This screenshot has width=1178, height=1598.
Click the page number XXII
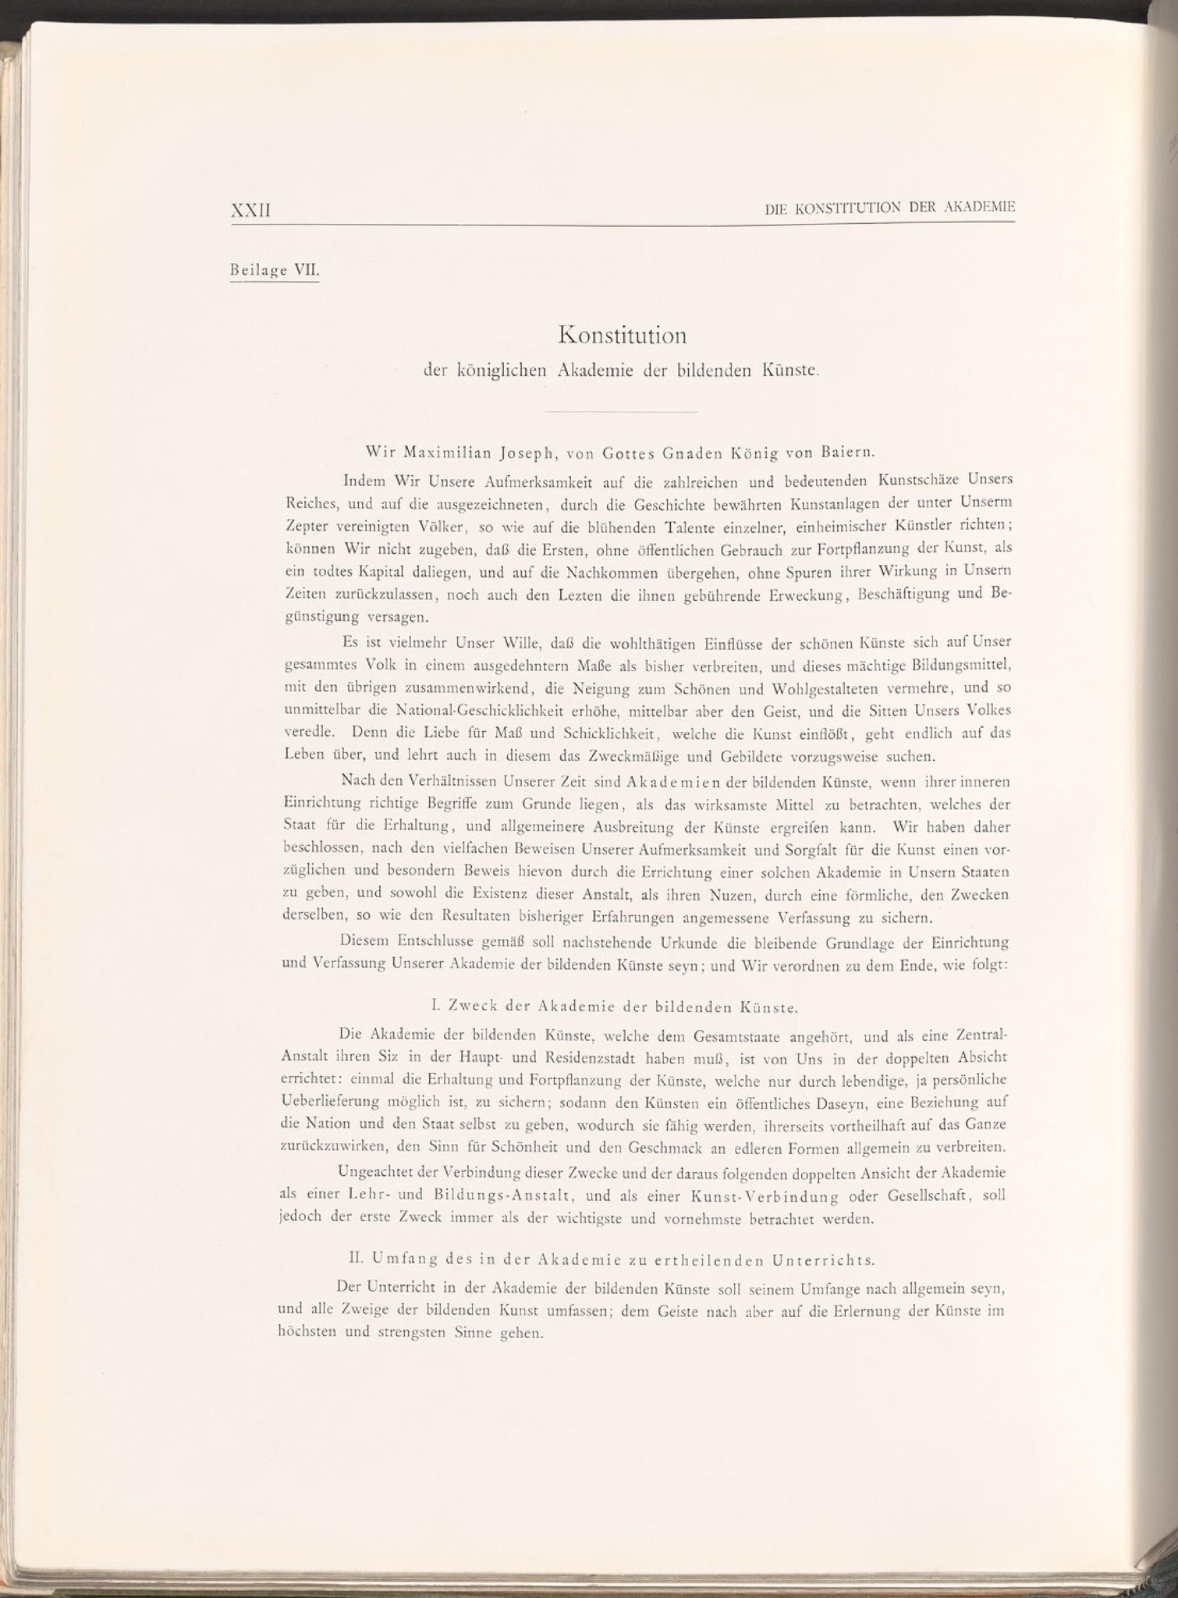point(251,211)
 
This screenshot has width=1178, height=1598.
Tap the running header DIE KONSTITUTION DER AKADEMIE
point(889,208)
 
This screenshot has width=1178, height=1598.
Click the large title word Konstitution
point(623,336)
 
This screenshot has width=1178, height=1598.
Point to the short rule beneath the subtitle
point(621,412)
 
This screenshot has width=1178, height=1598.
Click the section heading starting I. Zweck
point(613,1007)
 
